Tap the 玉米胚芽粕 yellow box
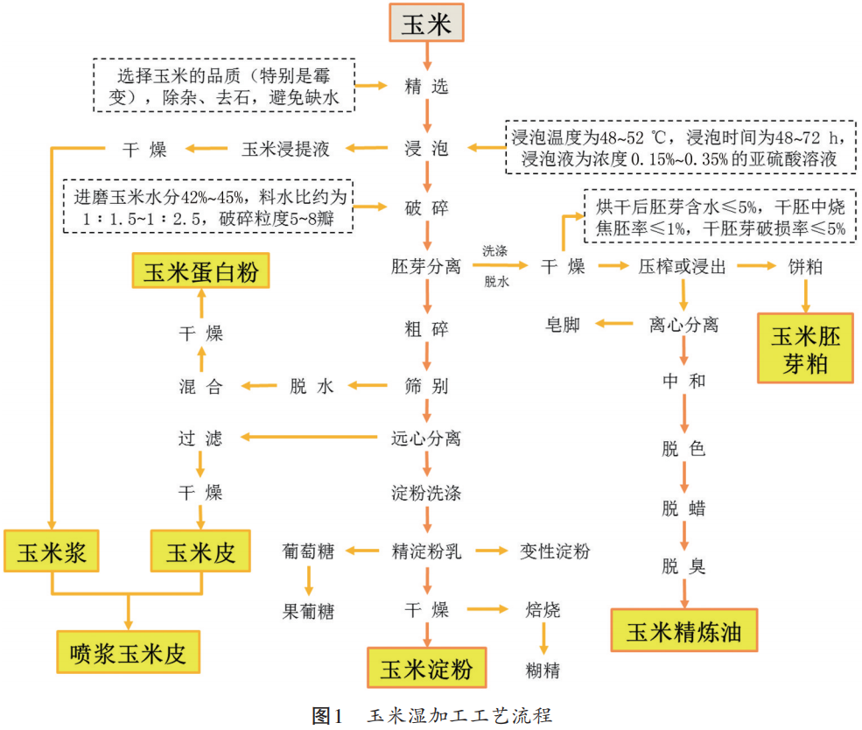pos(805,349)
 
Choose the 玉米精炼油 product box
pos(683,633)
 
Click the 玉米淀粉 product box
pos(427,670)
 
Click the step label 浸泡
pos(427,149)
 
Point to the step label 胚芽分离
pos(427,266)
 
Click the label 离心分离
pos(683,325)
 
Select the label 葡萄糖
pos(307,551)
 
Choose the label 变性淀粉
pos(555,551)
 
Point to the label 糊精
pos(543,670)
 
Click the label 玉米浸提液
pos(286,149)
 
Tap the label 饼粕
pos(805,266)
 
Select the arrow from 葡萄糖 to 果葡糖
pos(308,581)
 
